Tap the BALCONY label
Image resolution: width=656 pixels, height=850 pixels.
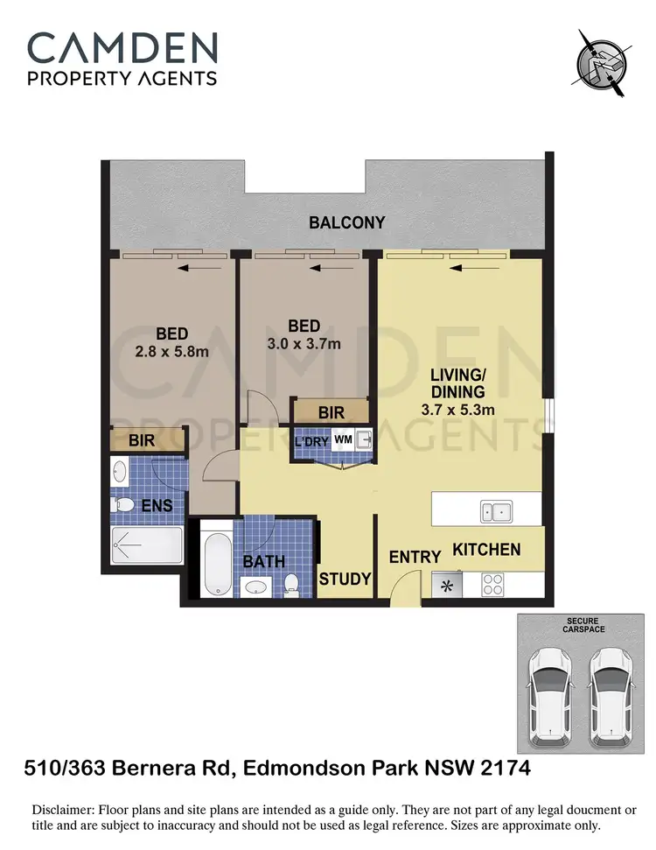tap(347, 222)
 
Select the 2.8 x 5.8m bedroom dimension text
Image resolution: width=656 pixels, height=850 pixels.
tap(171, 352)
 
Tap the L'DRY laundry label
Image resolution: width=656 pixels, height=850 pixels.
tap(311, 441)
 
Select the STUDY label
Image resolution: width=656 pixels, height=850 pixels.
tap(345, 579)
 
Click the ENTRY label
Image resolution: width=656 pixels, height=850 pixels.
tap(415, 558)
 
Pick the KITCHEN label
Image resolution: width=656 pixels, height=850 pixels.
tap(486, 550)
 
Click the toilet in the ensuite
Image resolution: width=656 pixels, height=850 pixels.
tap(125, 505)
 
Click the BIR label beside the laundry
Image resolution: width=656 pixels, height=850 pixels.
tap(331, 411)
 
